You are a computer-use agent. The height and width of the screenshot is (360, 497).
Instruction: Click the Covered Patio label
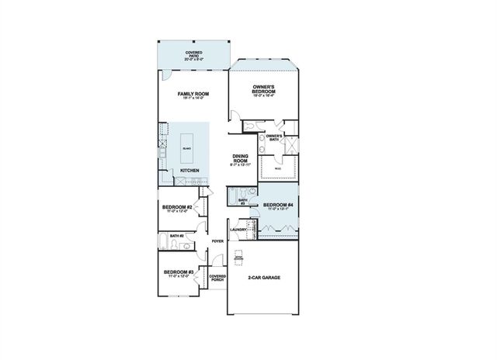tap(193, 55)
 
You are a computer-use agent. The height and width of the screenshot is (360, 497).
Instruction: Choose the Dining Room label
tap(239, 160)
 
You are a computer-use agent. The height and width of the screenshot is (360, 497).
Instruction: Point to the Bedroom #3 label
tap(178, 273)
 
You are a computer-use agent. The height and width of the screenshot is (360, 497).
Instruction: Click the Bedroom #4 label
tap(277, 206)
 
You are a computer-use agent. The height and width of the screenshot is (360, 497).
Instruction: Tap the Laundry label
tap(238, 230)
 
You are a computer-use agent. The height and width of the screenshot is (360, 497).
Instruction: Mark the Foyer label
tap(217, 241)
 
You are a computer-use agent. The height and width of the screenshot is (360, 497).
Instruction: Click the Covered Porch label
tap(217, 278)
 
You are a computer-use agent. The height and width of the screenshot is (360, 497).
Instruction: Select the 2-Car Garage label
tap(264, 277)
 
